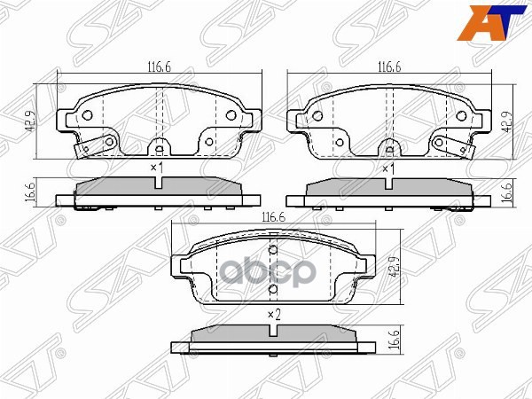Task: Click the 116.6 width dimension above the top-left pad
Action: coord(160,66)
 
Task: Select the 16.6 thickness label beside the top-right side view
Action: coord(508,190)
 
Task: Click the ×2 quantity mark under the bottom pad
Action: coord(273,315)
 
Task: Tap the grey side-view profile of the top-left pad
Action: coord(158,187)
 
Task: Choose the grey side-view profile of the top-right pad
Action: coord(387,187)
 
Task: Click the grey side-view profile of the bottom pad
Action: coord(273,334)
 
